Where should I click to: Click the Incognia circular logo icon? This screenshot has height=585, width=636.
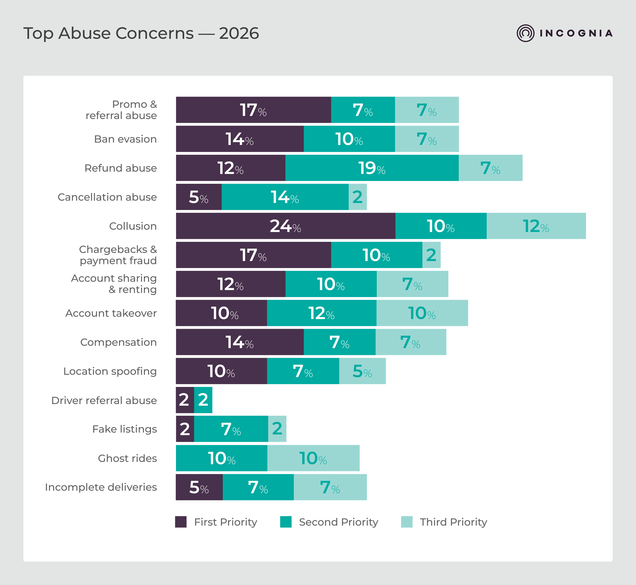click(x=526, y=33)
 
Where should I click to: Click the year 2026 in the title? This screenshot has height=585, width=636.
click(x=239, y=34)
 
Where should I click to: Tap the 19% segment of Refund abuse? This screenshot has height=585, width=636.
click(x=372, y=168)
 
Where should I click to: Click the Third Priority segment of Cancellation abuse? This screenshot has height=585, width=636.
click(x=358, y=197)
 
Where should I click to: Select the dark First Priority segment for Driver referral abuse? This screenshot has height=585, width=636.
click(x=185, y=400)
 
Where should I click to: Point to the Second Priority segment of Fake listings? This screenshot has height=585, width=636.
click(x=231, y=429)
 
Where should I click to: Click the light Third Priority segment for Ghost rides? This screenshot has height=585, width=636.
click(x=313, y=458)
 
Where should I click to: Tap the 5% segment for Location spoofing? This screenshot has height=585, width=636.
click(x=362, y=371)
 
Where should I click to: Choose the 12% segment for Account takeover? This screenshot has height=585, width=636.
click(x=322, y=313)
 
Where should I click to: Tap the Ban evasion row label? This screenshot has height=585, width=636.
click(x=125, y=139)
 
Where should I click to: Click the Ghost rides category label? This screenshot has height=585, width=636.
click(x=127, y=458)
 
